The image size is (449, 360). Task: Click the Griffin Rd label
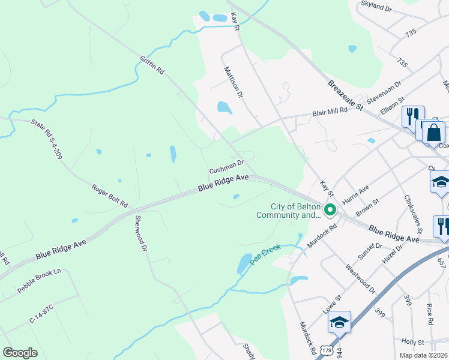tap(152, 65)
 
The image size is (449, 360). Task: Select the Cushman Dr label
tap(226, 166)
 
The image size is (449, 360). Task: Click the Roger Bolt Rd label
tap(109, 196)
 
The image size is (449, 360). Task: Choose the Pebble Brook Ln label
tap(40, 280)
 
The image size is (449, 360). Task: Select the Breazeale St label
tap(346, 95)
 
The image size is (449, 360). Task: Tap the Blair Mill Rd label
tap(330, 112)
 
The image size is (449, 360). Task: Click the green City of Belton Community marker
tap(330, 211)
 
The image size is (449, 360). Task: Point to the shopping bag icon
tap(433, 133)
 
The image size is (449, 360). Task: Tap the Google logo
tap(20, 352)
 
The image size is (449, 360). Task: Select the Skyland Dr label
tap(376, 7)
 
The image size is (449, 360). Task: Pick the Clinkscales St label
tap(414, 214)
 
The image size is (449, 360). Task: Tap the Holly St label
tap(413, 342)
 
